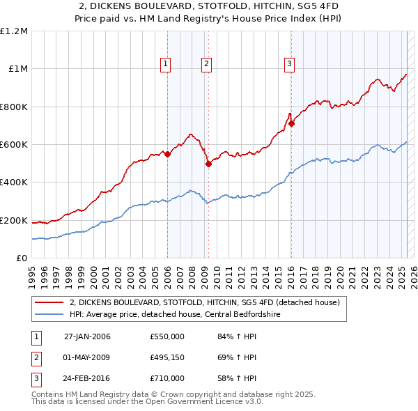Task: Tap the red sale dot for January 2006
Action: (167, 154)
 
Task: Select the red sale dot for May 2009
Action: (208, 164)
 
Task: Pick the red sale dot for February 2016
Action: (292, 124)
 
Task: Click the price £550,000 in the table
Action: (167, 336)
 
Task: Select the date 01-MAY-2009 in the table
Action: (87, 357)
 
